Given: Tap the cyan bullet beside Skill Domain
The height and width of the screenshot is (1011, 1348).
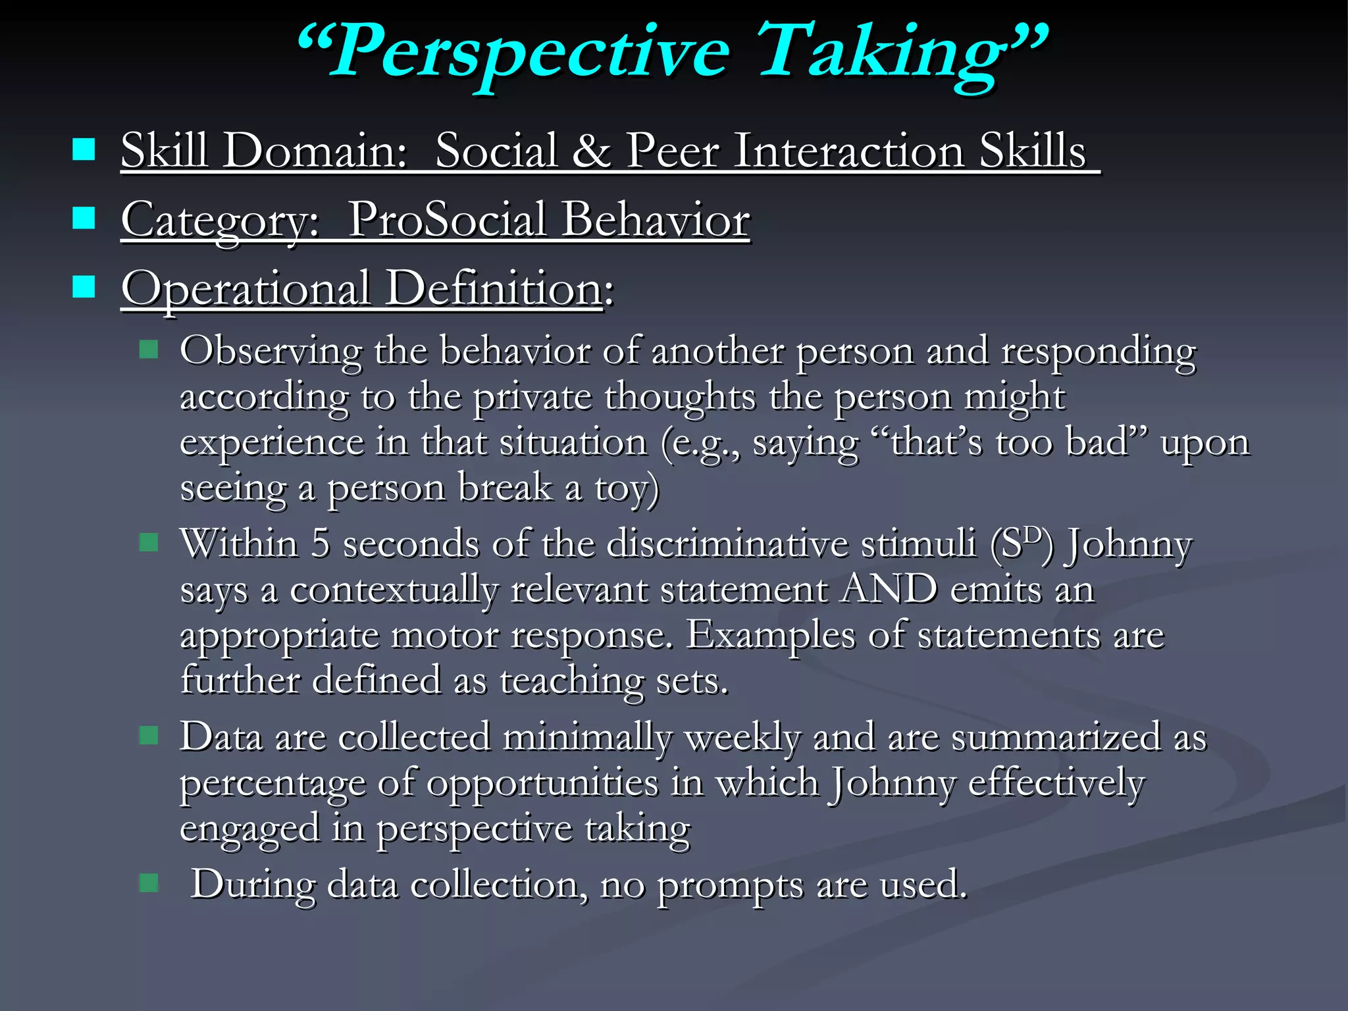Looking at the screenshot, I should pos(84,149).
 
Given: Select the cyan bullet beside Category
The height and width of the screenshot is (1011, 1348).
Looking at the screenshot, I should pos(84,218).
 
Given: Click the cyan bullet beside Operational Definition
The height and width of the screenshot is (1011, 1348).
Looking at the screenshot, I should pos(84,286).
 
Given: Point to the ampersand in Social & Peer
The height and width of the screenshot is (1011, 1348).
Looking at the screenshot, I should pos(590,151).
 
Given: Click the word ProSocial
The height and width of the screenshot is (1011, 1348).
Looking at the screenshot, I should pos(447,220).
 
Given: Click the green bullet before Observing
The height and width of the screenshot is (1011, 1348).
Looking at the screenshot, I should pos(149,349).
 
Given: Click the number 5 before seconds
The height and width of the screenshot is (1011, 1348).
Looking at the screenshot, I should pos(320,544).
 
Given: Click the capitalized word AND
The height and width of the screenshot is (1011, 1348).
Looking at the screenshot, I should pos(889,588).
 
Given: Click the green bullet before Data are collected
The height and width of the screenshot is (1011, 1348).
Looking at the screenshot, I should pos(149,735).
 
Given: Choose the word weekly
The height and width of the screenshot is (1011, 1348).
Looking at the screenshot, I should pos(743,737).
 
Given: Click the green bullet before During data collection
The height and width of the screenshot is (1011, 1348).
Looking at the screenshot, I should pos(149,883).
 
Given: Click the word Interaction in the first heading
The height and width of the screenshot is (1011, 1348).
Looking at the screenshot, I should pos(849,151).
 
